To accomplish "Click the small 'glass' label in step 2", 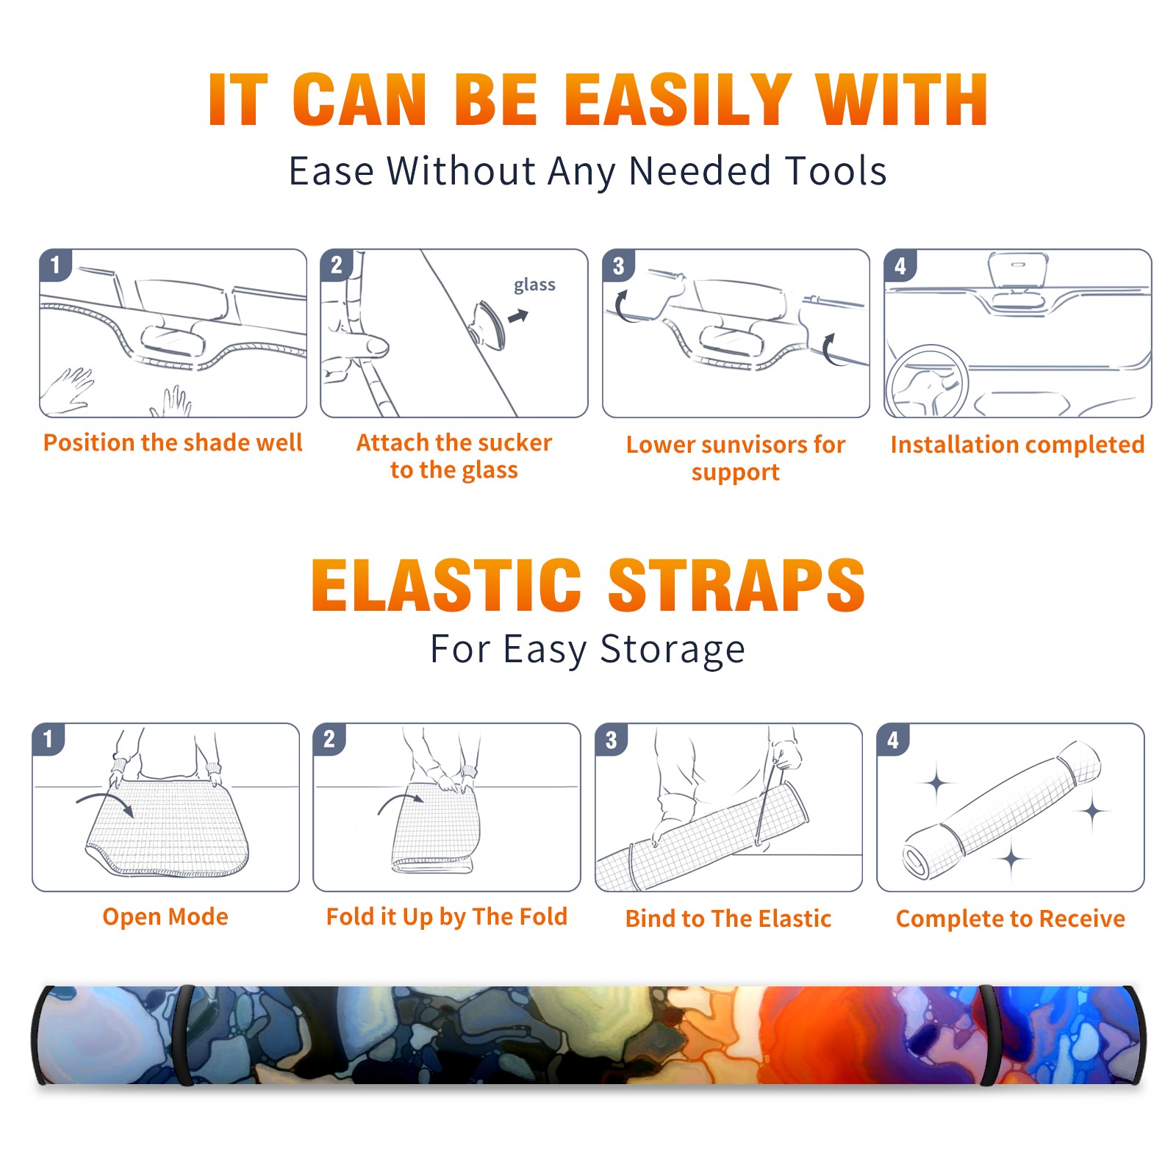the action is [x=534, y=285].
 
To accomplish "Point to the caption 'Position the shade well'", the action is [x=173, y=442].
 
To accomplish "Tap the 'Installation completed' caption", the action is [x=1017, y=445].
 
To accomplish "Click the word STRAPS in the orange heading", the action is [x=736, y=585].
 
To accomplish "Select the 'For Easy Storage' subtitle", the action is [x=588, y=650].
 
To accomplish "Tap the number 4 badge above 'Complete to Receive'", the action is [x=893, y=739].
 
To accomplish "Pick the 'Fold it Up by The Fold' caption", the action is [x=447, y=917].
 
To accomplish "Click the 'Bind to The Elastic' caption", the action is [x=728, y=919].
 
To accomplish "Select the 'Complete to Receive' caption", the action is [x=1011, y=919].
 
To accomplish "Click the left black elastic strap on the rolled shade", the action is [x=185, y=1036].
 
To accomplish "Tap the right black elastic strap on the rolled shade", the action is [x=988, y=1036].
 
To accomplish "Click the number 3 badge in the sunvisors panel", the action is [x=619, y=265].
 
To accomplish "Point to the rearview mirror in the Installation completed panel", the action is [x=1018, y=270].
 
